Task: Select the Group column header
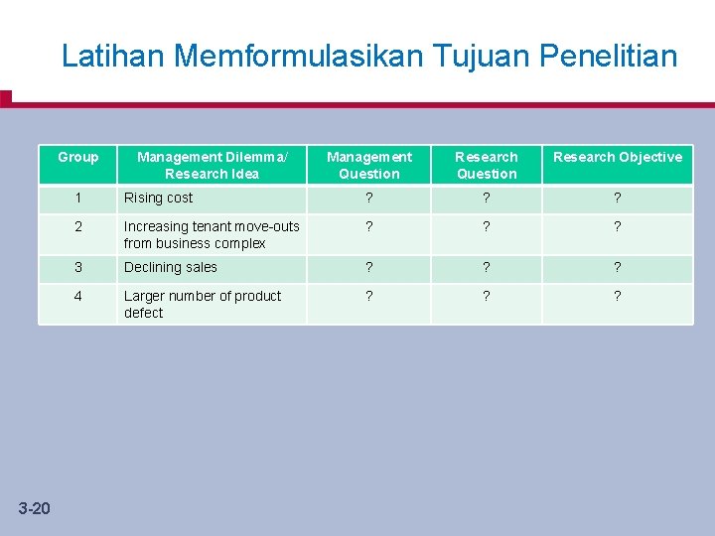tap(78, 157)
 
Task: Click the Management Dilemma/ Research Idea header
tap(212, 165)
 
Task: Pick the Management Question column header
tap(369, 165)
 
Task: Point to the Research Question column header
tap(487, 165)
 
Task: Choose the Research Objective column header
tap(618, 157)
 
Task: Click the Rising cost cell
tap(159, 198)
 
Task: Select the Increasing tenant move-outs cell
tap(212, 234)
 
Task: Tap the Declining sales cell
tap(171, 267)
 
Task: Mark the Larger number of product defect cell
tap(203, 304)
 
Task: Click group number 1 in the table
tap(78, 198)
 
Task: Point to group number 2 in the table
tap(78, 226)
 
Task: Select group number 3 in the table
tap(78, 267)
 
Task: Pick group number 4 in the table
tap(78, 296)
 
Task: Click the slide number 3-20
tap(34, 509)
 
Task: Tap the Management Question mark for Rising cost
tap(369, 198)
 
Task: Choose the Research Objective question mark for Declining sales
tap(618, 267)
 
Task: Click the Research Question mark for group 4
tap(487, 296)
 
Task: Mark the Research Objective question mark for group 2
tap(618, 226)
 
